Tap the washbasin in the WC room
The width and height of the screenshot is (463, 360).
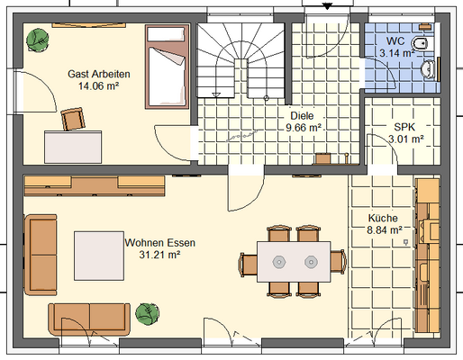428,68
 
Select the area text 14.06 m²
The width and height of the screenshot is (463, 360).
98,86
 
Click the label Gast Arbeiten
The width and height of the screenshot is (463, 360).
99,74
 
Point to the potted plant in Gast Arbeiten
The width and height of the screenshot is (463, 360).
38,40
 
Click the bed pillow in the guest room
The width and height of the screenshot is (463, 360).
166,34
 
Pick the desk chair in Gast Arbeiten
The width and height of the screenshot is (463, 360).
73,119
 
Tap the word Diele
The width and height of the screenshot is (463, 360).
302,115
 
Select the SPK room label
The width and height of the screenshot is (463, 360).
404,127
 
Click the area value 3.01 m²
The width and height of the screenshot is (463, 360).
406,139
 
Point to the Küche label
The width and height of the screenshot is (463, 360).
383,218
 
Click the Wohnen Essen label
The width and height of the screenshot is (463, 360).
160,242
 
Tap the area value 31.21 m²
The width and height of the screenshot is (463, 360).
159,255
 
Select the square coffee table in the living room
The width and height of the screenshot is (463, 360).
99,256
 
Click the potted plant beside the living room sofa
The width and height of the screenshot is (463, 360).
147,314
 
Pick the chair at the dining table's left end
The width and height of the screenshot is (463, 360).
248,264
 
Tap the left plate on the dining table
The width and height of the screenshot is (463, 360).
279,262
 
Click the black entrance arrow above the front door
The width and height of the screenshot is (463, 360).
327,5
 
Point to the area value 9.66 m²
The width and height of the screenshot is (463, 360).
304,128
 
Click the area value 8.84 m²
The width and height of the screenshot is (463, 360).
385,230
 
